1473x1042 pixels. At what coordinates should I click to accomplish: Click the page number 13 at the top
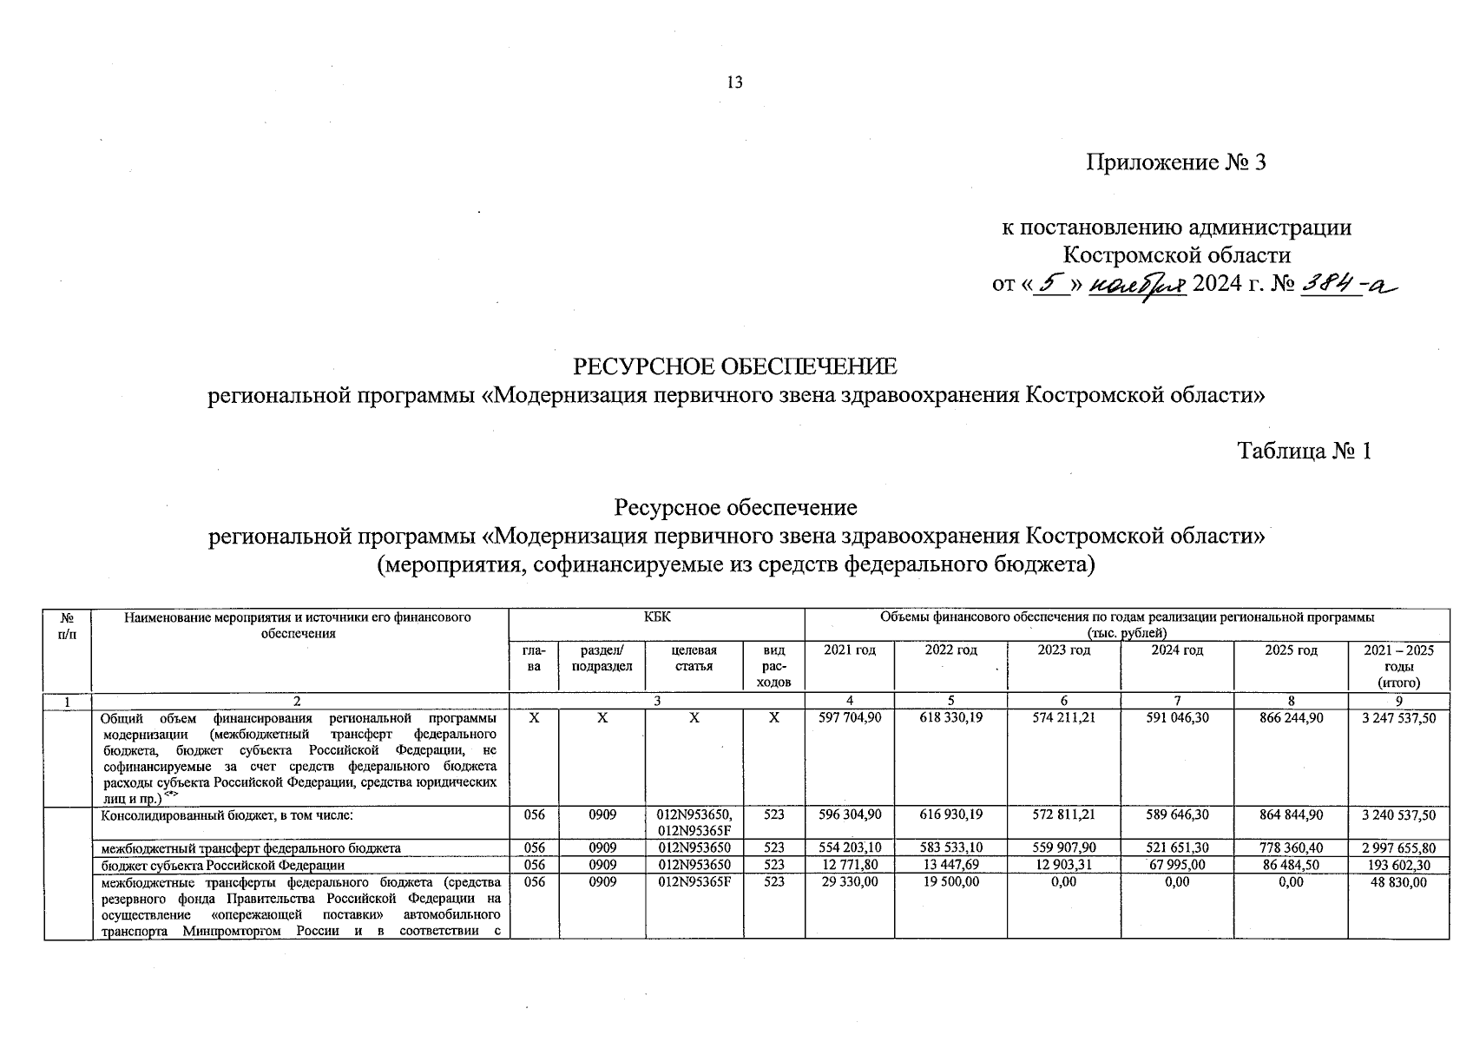[734, 83]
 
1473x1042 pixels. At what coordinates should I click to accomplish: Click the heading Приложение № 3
[1176, 162]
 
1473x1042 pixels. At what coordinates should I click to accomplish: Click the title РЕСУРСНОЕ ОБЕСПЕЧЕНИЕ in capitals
[735, 366]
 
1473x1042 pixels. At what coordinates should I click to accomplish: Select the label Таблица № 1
[1304, 452]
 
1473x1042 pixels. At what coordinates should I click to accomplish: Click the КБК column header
[656, 617]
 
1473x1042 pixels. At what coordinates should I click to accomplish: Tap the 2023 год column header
[1063, 650]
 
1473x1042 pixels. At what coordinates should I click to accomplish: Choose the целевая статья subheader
[694, 657]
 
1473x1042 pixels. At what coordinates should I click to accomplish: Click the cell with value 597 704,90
[850, 719]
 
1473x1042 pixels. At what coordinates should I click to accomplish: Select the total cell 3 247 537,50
[1397, 719]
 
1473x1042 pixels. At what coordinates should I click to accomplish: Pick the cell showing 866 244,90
[1291, 719]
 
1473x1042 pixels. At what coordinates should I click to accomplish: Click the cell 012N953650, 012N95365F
[694, 822]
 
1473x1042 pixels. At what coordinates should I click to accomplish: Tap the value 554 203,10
[850, 848]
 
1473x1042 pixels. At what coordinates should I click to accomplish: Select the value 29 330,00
[850, 881]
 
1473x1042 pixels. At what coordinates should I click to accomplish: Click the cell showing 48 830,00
[1397, 881]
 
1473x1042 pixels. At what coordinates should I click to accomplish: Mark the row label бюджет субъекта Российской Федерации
[223, 865]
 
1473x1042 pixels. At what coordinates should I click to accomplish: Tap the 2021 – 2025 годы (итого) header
[1397, 666]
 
